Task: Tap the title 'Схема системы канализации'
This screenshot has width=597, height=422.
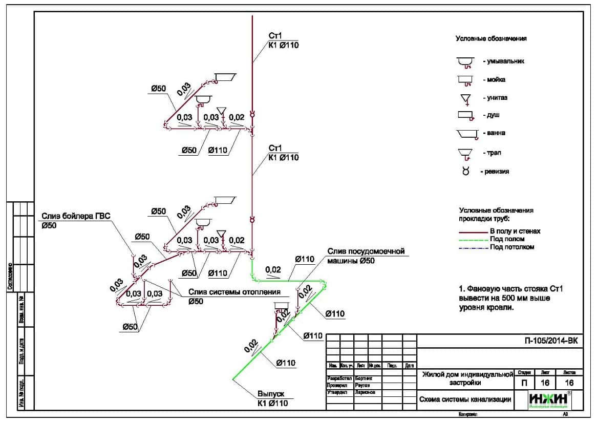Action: (x=465, y=399)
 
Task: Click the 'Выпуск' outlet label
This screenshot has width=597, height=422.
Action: (x=271, y=394)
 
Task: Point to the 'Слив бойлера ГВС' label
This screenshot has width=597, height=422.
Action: (x=76, y=216)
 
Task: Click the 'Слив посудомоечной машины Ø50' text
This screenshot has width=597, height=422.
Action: (x=366, y=256)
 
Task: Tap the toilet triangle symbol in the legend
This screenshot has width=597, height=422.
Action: (x=465, y=99)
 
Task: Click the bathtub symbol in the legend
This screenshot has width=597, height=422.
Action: (x=466, y=134)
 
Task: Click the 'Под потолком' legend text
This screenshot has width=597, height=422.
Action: (x=512, y=247)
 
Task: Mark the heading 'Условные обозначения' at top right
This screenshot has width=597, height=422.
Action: (x=491, y=38)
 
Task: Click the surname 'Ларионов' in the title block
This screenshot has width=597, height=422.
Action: (x=365, y=392)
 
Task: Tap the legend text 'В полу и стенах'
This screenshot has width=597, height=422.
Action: (x=515, y=231)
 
